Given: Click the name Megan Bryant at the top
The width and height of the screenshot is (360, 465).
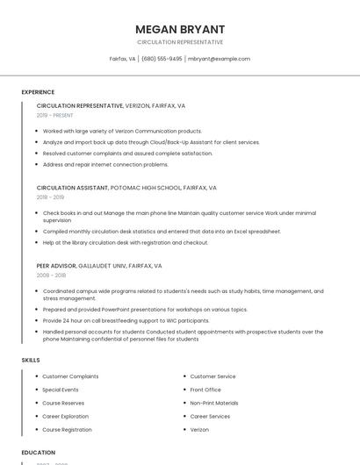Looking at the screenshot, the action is (179, 29).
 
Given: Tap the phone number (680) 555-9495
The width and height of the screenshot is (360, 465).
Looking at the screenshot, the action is (162, 59).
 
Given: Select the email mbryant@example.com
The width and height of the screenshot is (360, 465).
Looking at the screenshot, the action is (219, 59).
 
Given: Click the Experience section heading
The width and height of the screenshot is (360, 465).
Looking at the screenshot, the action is (38, 92).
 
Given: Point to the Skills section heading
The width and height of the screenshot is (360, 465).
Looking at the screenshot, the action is (31, 360).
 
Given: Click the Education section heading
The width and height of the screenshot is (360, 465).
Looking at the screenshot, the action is (38, 453).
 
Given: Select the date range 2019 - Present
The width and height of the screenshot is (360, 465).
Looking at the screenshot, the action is (55, 115).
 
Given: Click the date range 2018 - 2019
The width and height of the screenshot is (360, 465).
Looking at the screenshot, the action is (51, 197).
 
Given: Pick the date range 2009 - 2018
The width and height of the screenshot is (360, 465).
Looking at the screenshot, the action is (51, 275).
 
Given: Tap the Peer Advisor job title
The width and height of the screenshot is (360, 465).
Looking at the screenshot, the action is (56, 265).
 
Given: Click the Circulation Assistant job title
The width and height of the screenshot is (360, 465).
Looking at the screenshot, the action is (72, 188).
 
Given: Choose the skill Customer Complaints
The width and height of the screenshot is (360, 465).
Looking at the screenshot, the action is (70, 376).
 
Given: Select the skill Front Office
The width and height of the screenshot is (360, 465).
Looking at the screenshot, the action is (205, 390).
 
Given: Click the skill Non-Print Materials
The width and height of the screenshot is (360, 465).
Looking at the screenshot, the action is (214, 403).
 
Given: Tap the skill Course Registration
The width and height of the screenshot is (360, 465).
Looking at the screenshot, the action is (67, 430).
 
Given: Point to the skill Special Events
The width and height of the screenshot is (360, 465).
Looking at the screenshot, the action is (61, 390).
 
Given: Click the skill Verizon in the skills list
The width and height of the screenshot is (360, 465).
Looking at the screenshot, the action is (199, 430).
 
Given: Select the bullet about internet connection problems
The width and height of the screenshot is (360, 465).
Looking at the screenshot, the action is (105, 164).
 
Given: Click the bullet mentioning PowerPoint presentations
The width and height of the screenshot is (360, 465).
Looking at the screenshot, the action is (145, 310).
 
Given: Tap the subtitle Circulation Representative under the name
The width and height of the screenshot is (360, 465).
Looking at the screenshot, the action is (179, 42).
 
